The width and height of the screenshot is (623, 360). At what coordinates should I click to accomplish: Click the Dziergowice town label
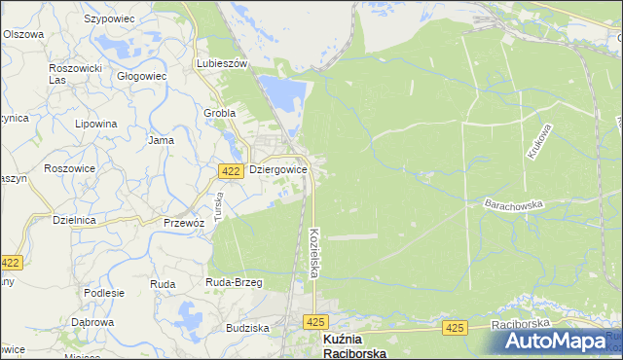tap(278, 169)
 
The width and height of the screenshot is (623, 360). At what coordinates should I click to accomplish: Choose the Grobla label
tap(220, 112)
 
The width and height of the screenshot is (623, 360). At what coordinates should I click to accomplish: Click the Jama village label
tap(161, 140)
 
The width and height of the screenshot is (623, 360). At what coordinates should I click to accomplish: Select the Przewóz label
tap(183, 222)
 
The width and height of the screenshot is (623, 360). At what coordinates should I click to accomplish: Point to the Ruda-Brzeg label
tap(234, 282)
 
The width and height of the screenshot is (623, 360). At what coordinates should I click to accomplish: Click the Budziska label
tap(246, 329)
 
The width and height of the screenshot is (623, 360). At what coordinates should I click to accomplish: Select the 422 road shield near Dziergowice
tap(231, 171)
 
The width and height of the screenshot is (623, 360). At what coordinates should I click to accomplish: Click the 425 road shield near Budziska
tap(313, 321)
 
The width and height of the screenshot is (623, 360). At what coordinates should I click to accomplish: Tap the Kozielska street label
tap(313, 253)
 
